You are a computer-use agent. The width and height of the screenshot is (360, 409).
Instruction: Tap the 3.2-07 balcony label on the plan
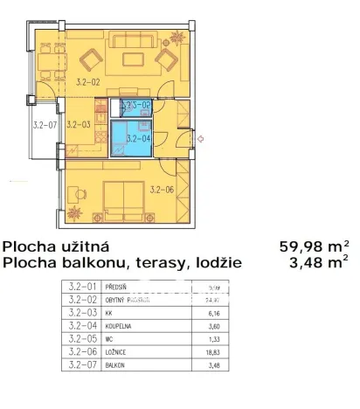pyautogui.click(x=44, y=125)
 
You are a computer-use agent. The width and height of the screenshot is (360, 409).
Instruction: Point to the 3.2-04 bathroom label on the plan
pyautogui.click(x=138, y=138)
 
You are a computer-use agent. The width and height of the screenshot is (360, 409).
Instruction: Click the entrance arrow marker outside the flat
pyautogui.click(x=201, y=138)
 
